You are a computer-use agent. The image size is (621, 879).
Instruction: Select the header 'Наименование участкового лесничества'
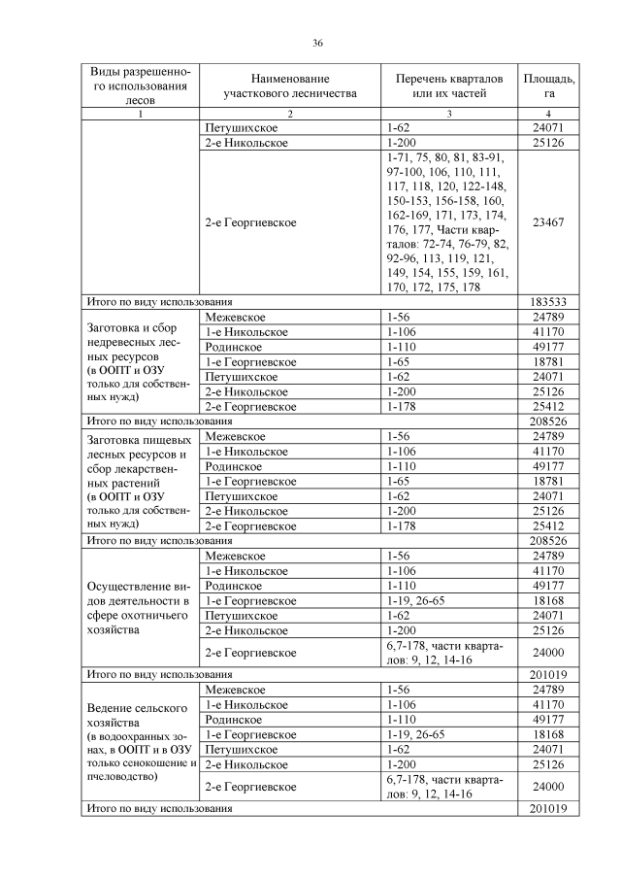pyautogui.click(x=289, y=85)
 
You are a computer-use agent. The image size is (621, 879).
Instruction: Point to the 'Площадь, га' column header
pyautogui.click(x=548, y=85)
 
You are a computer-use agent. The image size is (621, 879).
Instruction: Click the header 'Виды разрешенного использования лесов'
pyautogui.click(x=141, y=85)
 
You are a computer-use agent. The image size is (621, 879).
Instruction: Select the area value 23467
pyautogui.click(x=548, y=221)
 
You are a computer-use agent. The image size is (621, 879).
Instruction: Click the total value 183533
pyautogui.click(x=548, y=301)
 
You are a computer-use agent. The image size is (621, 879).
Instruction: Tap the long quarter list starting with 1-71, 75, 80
pyautogui.click(x=446, y=221)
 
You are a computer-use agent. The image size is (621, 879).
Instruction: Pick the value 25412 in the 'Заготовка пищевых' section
pyautogui.click(x=548, y=525)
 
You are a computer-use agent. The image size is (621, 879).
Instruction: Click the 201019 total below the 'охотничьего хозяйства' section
pyautogui.click(x=548, y=674)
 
